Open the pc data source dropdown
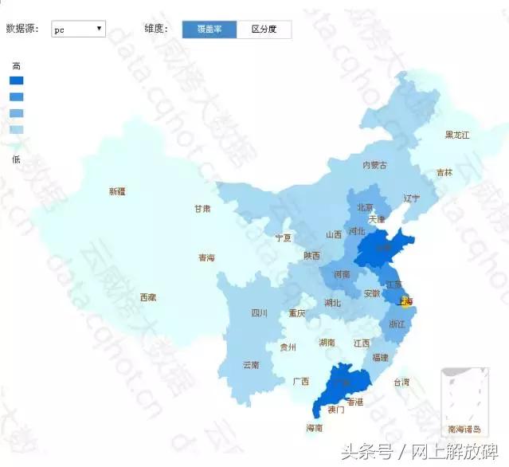click(x=78, y=29)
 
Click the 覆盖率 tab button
click(x=209, y=29)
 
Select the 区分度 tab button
click(x=264, y=29)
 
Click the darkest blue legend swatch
click(x=17, y=80)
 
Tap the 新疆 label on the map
click(x=117, y=191)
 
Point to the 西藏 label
click(x=148, y=297)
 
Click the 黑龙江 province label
click(x=457, y=135)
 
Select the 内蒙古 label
click(x=374, y=166)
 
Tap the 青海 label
click(x=206, y=258)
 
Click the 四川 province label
click(x=260, y=313)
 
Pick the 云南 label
click(x=251, y=365)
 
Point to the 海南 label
click(x=315, y=428)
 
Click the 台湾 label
click(x=401, y=383)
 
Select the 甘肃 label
click(x=202, y=209)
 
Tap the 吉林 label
click(x=444, y=172)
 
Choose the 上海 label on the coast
click(x=405, y=302)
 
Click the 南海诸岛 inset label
click(x=464, y=429)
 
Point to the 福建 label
click(x=380, y=358)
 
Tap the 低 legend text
click(x=17, y=159)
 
